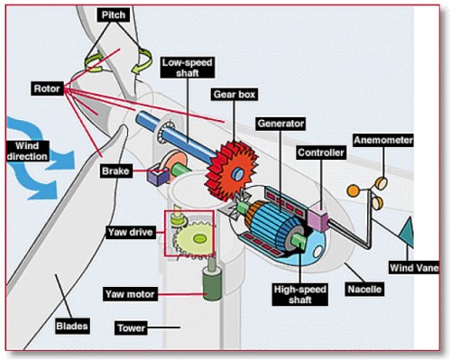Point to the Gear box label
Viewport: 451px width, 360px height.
click(233, 93)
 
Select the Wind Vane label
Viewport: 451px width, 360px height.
click(414, 267)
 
